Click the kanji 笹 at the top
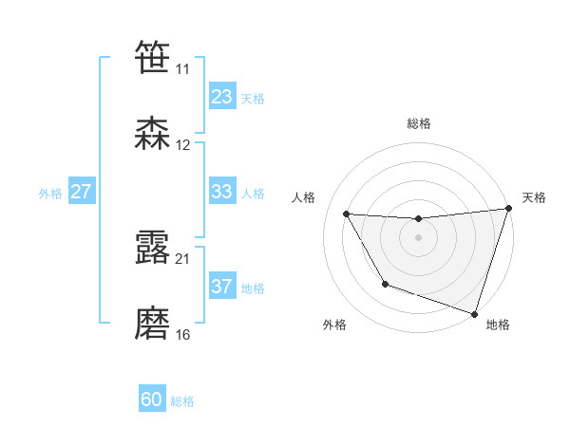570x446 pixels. coord(153,57)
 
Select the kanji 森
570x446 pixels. coord(153,134)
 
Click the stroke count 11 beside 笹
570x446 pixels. coord(183,69)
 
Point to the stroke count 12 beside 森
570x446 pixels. coord(183,145)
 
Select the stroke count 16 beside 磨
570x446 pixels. coord(183,335)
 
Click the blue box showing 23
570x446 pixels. coord(221,97)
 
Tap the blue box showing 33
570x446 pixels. coord(221,192)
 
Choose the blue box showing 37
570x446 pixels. coord(221,287)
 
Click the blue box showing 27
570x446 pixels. coord(81,192)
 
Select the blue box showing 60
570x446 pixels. coord(152,400)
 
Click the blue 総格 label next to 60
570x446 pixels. coord(182,401)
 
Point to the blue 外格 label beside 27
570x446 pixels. coord(50,193)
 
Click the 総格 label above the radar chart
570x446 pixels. coord(419,123)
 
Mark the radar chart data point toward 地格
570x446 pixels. coord(474,313)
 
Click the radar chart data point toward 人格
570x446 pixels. coord(347,214)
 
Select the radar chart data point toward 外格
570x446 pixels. coord(385,284)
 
